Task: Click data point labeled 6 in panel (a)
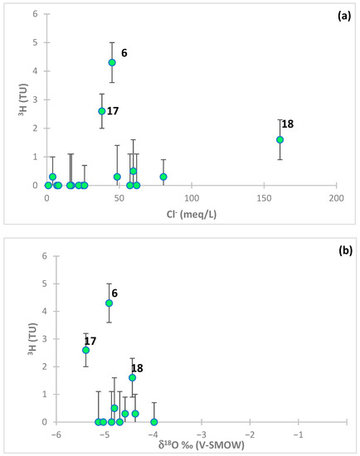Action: tap(112, 62)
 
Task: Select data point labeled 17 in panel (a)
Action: tap(102, 111)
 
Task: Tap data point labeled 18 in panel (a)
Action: tap(280, 139)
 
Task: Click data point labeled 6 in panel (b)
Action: tap(109, 303)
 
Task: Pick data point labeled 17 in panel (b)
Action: tap(85, 350)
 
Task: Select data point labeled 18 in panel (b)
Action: tap(132, 377)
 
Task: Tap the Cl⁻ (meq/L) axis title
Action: tap(192, 217)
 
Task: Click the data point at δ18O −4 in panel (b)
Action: tap(154, 422)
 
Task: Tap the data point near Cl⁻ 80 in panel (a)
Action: tap(163, 177)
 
